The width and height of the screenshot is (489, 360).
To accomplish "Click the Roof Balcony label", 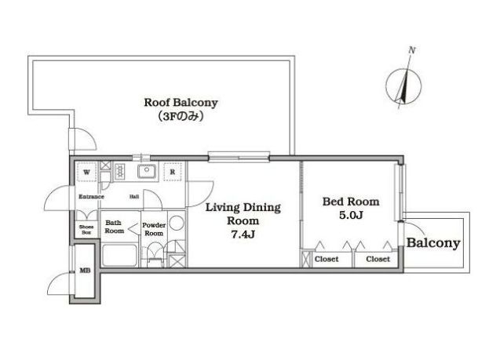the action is click(x=181, y=103).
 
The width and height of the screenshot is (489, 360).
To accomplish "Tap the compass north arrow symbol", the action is click(x=403, y=86).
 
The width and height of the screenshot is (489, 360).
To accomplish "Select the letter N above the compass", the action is click(x=412, y=50).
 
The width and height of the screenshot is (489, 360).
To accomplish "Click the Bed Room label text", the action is click(x=351, y=202).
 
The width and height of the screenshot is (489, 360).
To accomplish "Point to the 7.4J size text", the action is click(x=243, y=234).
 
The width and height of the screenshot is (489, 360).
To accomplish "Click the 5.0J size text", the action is click(x=351, y=215).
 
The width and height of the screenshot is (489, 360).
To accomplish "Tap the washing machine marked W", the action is click(x=86, y=172).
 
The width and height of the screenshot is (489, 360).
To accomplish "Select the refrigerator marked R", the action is click(x=173, y=172).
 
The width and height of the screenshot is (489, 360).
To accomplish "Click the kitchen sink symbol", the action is click(x=147, y=171).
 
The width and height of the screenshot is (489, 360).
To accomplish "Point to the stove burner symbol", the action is click(x=119, y=172).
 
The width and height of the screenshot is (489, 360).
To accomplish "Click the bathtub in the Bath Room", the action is click(x=120, y=256).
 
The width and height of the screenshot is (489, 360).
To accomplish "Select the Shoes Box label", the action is click(x=86, y=230).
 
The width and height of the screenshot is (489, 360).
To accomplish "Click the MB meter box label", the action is click(x=85, y=271).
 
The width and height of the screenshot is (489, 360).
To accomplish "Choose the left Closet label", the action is click(x=327, y=259).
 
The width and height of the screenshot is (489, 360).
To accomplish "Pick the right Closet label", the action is click(x=378, y=259).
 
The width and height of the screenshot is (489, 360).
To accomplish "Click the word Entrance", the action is click(x=91, y=197).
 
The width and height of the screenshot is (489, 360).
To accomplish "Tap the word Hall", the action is click(x=134, y=197).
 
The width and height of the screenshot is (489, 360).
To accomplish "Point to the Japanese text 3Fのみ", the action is click(x=181, y=117).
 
